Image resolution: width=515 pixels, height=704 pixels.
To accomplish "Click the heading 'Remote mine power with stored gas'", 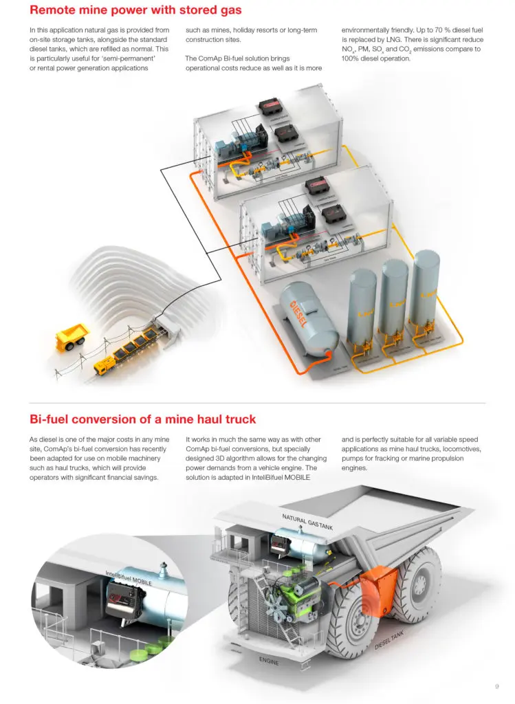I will coord(135,11).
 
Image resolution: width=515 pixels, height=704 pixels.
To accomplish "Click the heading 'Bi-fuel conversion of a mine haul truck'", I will coord(142,419).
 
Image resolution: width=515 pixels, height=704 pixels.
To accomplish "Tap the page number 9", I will coord(496,685).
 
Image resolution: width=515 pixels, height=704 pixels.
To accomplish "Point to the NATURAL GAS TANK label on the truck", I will coord(307,521).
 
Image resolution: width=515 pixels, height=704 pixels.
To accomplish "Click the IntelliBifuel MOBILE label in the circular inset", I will coord(129,577).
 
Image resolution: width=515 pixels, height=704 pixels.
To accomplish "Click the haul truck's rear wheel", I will coord(417,584).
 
